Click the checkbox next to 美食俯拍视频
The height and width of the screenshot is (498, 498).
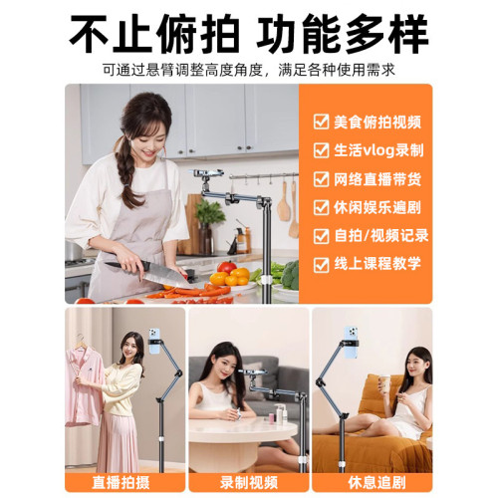pyautogui.click(x=321, y=122)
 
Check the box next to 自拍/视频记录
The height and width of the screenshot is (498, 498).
pyautogui.click(x=321, y=237)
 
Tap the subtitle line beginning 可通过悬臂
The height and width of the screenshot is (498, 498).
pyautogui.click(x=248, y=70)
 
